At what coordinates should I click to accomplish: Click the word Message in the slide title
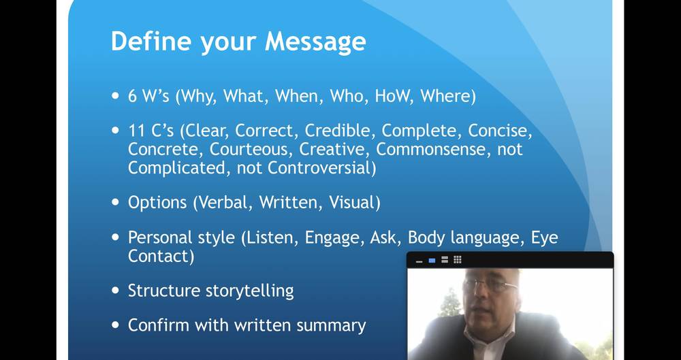(315, 42)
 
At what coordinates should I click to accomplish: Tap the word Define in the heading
(151, 42)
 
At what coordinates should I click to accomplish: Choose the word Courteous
(251, 150)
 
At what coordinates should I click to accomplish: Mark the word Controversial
(319, 168)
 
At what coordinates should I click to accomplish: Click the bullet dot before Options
(115, 202)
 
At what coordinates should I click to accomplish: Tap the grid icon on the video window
(458, 260)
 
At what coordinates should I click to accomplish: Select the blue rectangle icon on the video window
(432, 261)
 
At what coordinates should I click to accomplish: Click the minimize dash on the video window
(419, 262)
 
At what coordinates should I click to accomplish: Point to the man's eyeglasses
(490, 285)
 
